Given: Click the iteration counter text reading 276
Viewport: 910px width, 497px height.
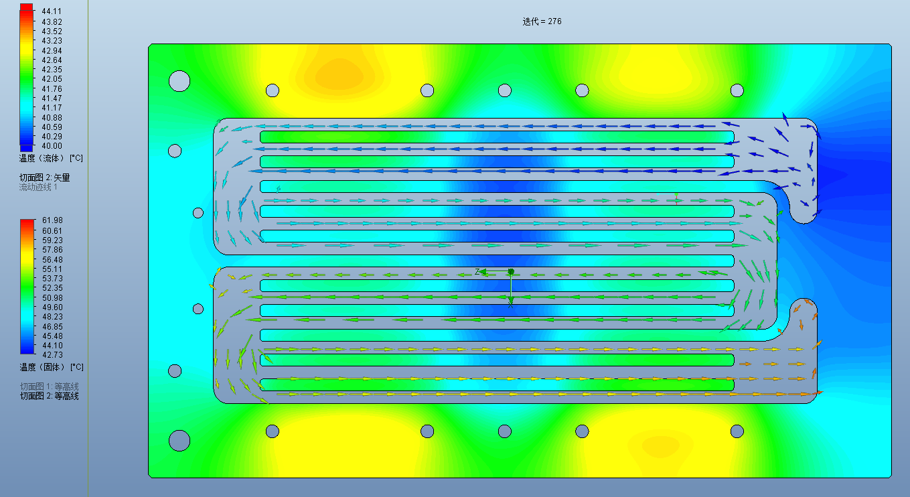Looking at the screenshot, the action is (x=554, y=21).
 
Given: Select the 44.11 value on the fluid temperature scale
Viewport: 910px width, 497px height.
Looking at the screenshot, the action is (x=52, y=11).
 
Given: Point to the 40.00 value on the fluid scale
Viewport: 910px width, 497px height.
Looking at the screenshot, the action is (x=52, y=146).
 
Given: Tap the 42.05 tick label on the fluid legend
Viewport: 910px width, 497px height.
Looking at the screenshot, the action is (x=52, y=79).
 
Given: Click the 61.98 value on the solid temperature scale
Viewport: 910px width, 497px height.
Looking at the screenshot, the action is (x=52, y=220).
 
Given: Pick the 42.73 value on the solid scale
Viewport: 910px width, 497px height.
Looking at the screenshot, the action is (x=52, y=355).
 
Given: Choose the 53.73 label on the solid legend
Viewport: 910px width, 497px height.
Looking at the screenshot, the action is (x=52, y=279).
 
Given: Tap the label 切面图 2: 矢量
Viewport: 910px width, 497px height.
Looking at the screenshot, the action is (x=45, y=177).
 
